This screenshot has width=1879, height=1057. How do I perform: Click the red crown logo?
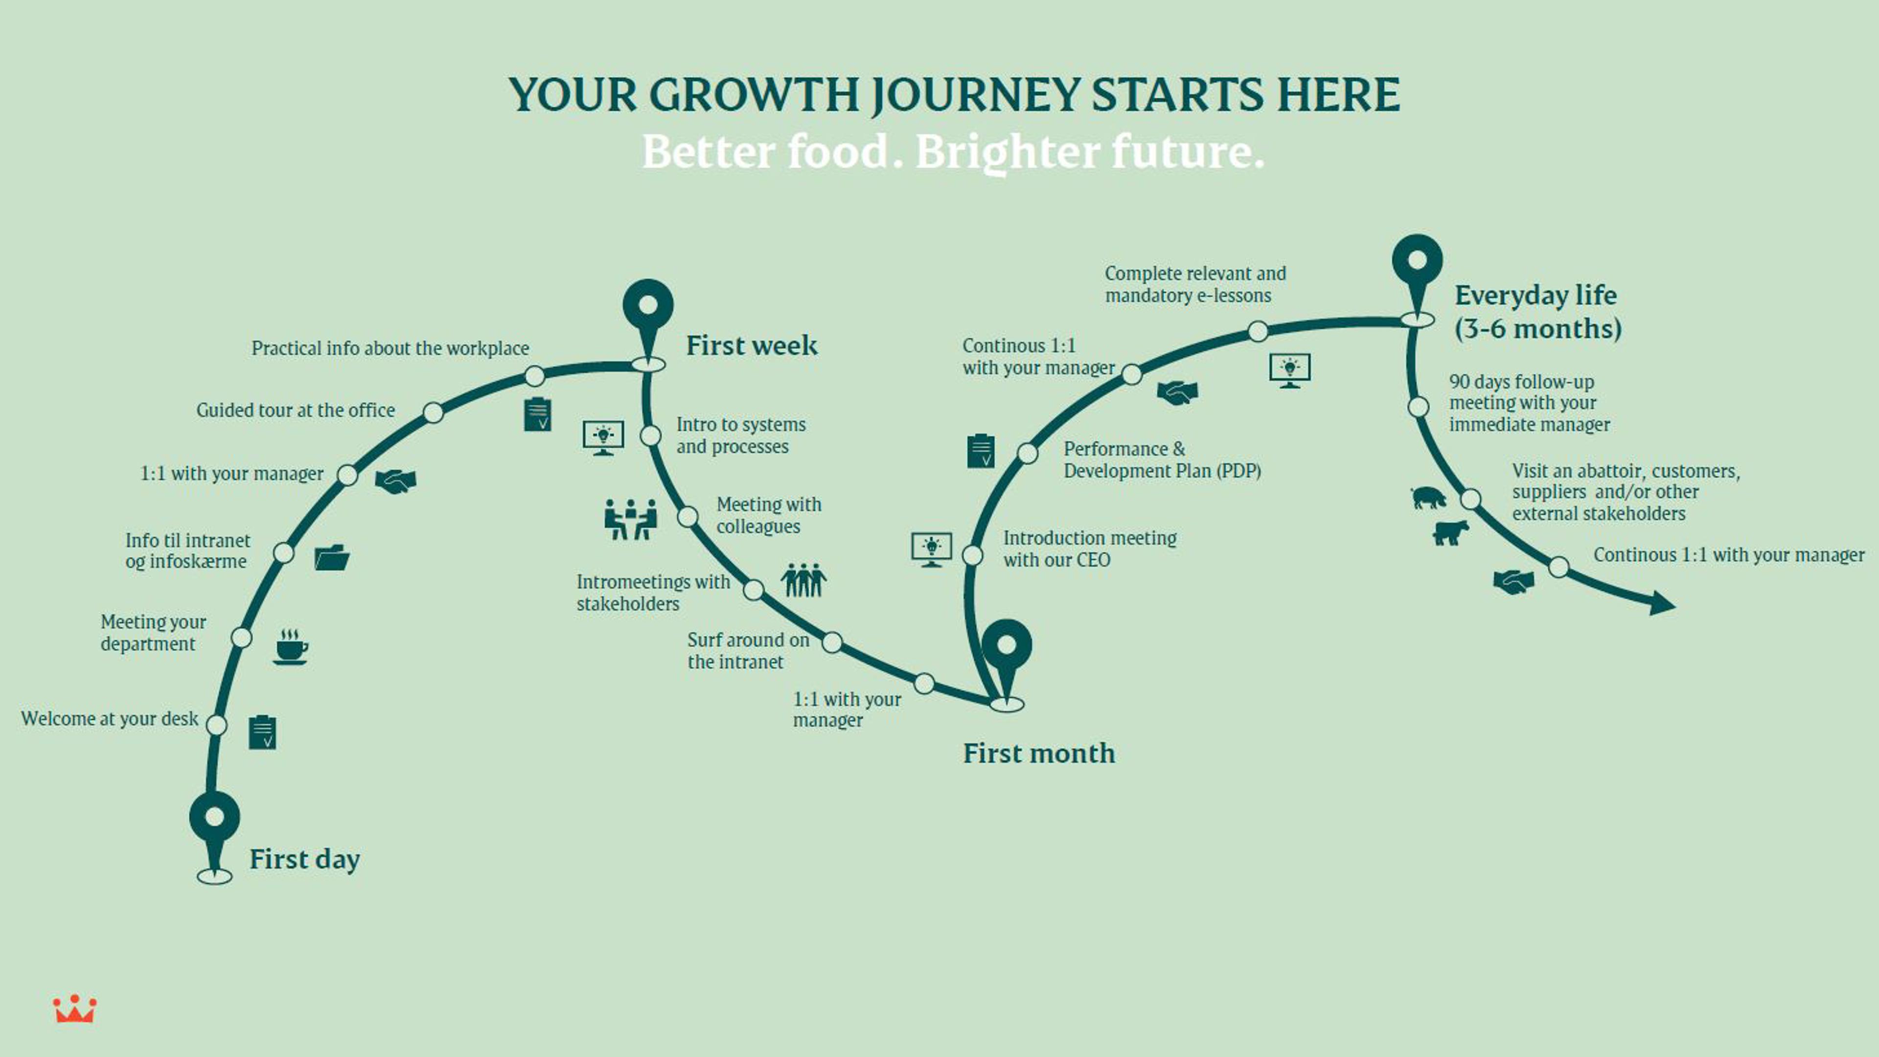[74, 1009]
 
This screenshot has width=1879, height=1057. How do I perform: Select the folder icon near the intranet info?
[332, 557]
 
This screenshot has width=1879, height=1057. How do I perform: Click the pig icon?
[1428, 498]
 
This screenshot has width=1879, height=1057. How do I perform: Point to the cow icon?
[1450, 532]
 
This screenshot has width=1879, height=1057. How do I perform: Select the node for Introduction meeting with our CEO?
[972, 555]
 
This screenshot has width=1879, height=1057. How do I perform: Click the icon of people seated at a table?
[630, 519]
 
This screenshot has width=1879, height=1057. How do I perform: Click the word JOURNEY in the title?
[975, 95]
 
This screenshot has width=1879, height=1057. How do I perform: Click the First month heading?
[1039, 753]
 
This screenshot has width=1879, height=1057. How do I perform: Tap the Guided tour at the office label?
[296, 410]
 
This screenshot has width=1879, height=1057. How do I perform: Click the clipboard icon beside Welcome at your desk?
[263, 733]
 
